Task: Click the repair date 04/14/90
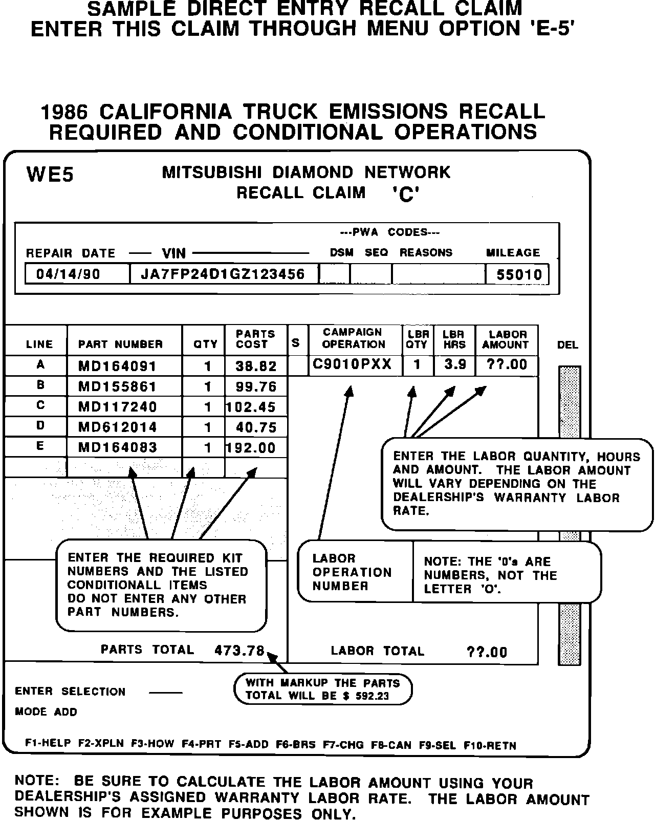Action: (68, 274)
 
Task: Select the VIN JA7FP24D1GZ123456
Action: (223, 274)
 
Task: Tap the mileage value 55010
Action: (519, 275)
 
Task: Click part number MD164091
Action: (117, 366)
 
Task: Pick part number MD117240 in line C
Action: (117, 407)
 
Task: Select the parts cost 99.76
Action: (256, 387)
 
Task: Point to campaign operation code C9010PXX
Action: (352, 364)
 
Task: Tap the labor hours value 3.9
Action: (454, 364)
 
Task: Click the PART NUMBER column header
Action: (120, 344)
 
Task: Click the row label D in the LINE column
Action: (40, 426)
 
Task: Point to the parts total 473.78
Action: (239, 651)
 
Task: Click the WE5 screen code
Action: (50, 175)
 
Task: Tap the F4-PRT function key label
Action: (201, 744)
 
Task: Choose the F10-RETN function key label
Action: (489, 745)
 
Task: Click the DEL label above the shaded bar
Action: (567, 345)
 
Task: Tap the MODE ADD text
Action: (46, 712)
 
